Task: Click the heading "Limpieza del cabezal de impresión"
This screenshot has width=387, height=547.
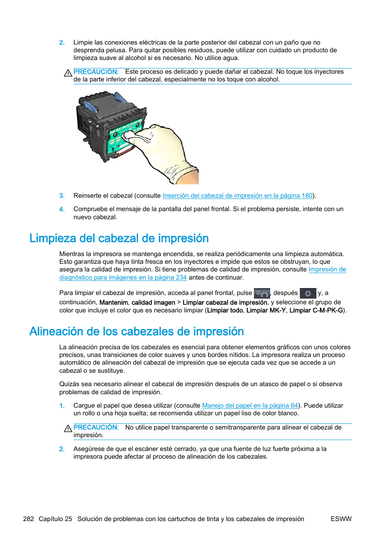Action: point(119,238)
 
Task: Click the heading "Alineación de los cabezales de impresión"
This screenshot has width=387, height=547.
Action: point(136,331)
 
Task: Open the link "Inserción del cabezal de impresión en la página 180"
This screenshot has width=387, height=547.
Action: point(237,196)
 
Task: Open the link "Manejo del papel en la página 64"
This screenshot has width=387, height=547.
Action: point(250,406)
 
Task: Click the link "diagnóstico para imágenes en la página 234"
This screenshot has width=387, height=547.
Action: point(123,278)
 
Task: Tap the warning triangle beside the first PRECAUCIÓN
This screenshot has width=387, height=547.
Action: point(68,73)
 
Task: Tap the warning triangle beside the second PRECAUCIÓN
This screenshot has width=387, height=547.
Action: point(68,428)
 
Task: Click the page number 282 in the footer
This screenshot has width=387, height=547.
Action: point(28,519)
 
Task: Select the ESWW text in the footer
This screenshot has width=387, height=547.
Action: point(341,519)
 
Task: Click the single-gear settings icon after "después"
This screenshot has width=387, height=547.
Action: point(308,293)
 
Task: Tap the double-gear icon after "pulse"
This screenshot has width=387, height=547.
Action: point(262,293)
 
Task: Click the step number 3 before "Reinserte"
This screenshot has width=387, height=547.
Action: point(62,196)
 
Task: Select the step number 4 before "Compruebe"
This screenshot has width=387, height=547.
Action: point(62,209)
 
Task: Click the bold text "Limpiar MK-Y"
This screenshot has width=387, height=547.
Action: point(266,310)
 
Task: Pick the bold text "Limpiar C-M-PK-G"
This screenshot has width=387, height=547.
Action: point(316,310)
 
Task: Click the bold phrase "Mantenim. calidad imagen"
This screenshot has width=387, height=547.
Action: point(137,303)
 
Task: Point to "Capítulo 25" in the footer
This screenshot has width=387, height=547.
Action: point(55,519)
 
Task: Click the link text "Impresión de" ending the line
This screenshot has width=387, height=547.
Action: point(327,269)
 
